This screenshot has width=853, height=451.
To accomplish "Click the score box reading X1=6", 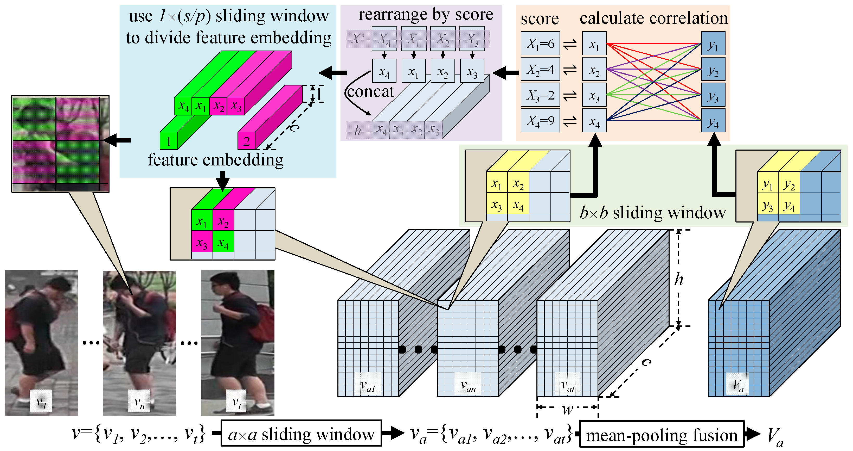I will coord(540,44).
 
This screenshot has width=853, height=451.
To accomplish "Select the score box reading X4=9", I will coord(540,121).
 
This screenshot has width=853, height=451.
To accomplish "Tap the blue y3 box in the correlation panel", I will coord(713,95).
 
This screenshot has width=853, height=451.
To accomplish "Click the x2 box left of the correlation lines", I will coord(594,69).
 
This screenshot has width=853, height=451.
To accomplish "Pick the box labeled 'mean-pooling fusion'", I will coord(661,434).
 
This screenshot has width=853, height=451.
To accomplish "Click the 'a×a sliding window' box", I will coord(301,434).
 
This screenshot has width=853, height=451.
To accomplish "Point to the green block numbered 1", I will coord(169,141).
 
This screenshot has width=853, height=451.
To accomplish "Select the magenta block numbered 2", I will coord(246,141).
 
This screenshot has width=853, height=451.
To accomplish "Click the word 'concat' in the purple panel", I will coord(370,91).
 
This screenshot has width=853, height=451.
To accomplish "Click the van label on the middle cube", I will coord(468,385).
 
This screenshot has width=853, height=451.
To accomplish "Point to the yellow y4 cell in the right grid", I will coord(789,206).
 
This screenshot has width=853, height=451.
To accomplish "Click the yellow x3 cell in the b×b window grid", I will coord(496,205).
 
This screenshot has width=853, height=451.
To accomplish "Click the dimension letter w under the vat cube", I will coord(567,410).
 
